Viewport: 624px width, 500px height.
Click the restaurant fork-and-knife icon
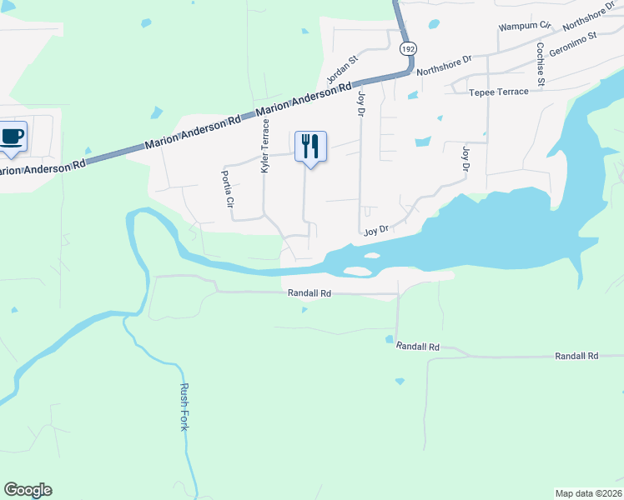[x=310, y=147]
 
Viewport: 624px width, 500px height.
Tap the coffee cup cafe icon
[x=12, y=137]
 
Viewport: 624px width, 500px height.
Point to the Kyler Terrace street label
[x=266, y=146]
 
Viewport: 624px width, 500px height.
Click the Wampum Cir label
[x=526, y=27]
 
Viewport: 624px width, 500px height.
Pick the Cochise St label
[x=541, y=65]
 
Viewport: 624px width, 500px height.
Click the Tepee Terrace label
[x=499, y=92]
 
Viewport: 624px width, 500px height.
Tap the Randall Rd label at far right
[x=577, y=356]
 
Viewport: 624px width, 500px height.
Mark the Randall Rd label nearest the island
[x=309, y=293]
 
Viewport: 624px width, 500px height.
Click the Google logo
[x=28, y=490]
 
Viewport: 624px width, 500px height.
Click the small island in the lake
[x=357, y=271]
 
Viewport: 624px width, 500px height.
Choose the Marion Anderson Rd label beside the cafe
[x=43, y=167]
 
